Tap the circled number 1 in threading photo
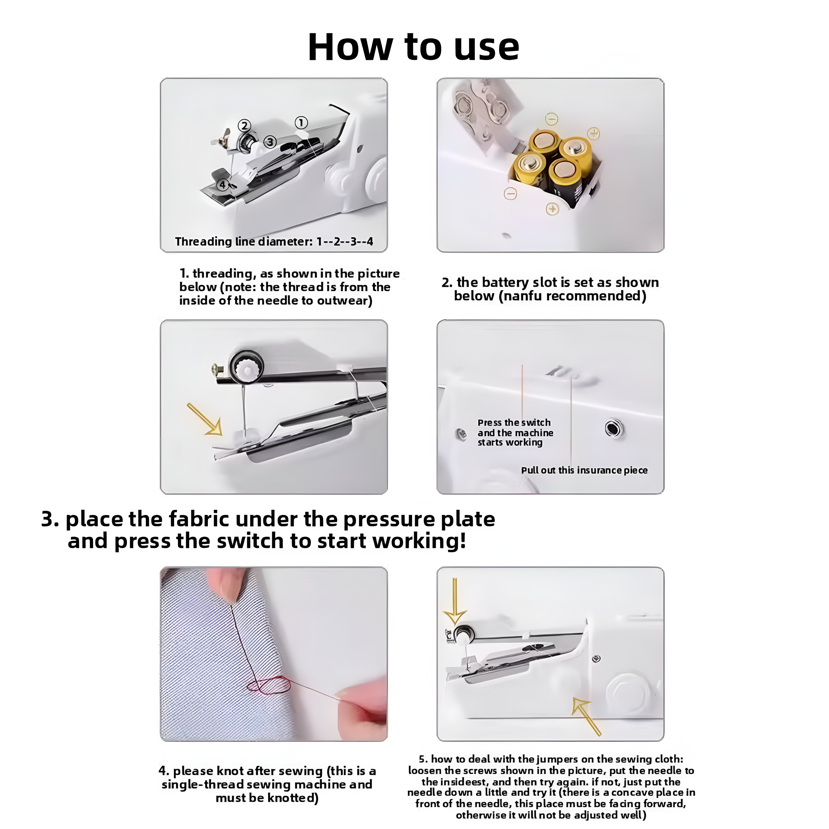pos(301,123)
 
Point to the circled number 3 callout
pos(270,142)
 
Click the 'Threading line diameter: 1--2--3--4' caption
pos(274,242)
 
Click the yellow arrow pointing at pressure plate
pos(205,419)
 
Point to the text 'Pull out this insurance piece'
pos(584,470)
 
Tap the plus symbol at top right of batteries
pos(593,133)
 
